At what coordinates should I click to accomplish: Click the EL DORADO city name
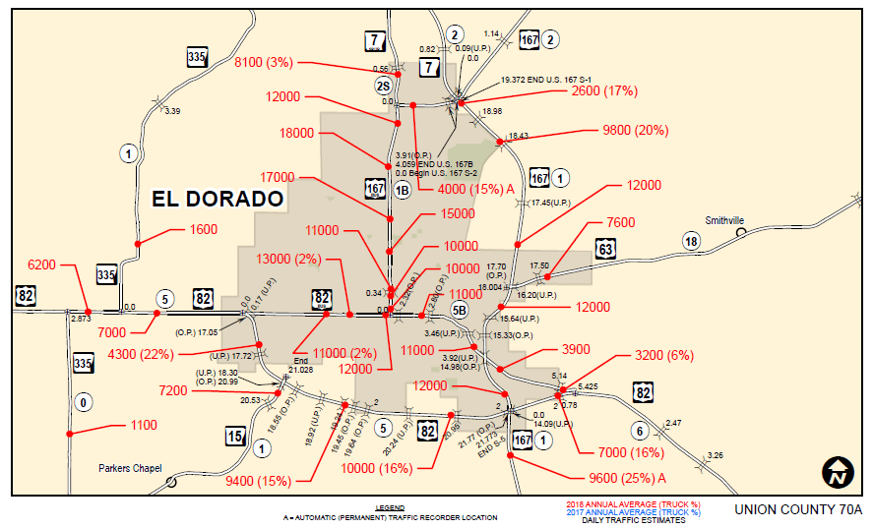tap(218, 199)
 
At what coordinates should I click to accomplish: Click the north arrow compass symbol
tap(838, 472)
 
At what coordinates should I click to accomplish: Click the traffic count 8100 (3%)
tap(264, 62)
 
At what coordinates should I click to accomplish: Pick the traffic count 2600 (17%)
tap(605, 90)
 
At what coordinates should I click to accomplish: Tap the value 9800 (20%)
tap(636, 130)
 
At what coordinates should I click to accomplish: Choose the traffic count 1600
tap(203, 230)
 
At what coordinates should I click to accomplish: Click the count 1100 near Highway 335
tap(143, 425)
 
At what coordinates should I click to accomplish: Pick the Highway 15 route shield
tap(235, 437)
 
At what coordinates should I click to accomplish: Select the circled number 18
tap(692, 242)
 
